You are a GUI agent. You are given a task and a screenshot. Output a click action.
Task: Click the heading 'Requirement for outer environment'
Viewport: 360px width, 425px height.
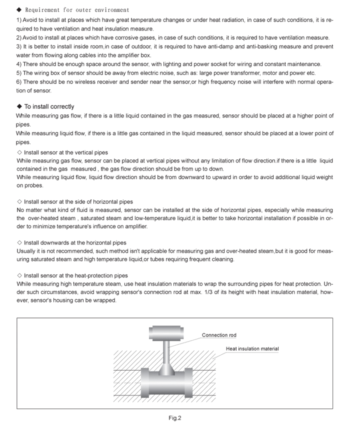tap(77, 10)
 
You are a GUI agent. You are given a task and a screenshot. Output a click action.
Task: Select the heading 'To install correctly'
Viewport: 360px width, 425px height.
tap(49, 106)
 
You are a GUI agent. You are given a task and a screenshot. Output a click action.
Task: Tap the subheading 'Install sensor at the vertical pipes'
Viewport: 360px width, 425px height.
tap(65, 152)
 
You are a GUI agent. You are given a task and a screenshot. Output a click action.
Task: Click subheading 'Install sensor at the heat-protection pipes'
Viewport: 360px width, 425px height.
tap(75, 275)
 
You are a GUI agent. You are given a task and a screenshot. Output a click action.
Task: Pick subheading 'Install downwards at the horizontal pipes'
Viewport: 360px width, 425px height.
tap(75, 242)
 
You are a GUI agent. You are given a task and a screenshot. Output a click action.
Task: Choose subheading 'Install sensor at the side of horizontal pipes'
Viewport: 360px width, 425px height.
tap(78, 201)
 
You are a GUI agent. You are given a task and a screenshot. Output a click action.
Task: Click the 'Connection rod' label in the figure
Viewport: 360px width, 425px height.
tap(219, 335)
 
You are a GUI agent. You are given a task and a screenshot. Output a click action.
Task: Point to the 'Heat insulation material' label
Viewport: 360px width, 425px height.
tap(252, 349)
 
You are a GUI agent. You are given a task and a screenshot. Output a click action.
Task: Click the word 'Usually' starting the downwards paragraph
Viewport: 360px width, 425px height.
tap(26, 250)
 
